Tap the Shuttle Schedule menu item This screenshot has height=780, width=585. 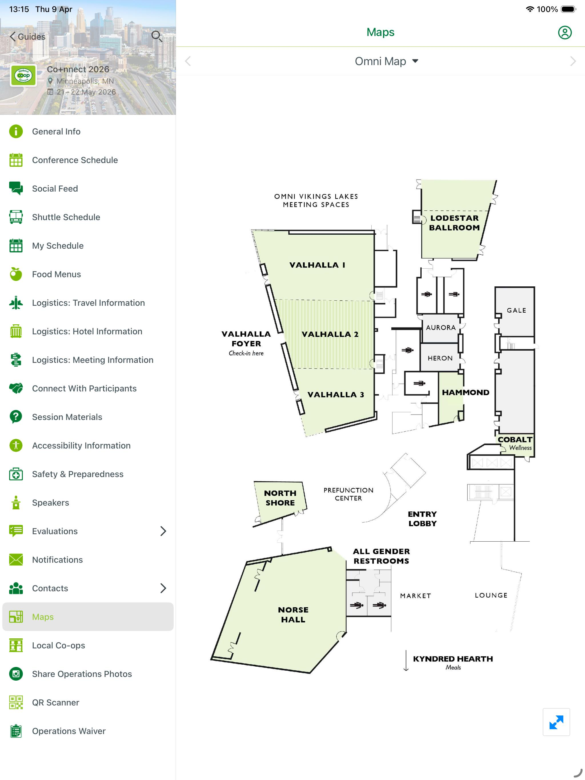[66, 217]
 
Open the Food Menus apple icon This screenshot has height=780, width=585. [16, 274]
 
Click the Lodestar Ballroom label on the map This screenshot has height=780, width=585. [454, 223]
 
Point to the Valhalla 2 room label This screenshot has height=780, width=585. [330, 334]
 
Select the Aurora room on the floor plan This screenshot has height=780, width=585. [441, 327]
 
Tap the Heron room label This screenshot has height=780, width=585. [440, 358]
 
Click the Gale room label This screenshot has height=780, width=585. [516, 310]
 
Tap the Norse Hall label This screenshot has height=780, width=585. [293, 615]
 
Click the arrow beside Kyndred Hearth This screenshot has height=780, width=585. [406, 660]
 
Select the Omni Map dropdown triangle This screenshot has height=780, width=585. [415, 61]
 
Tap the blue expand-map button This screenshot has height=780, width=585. [556, 722]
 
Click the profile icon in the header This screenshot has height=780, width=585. [564, 33]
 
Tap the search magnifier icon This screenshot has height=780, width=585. [157, 36]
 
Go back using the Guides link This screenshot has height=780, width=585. [27, 37]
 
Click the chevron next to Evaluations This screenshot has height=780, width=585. [163, 531]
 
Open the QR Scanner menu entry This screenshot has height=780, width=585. [55, 702]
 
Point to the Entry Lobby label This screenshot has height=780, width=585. [422, 519]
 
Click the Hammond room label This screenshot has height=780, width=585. [465, 393]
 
